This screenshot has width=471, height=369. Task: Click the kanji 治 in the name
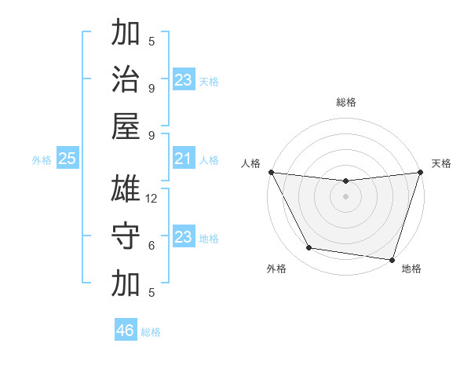point(126,79)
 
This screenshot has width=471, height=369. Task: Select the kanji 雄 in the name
point(126,189)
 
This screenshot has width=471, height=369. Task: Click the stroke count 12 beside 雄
point(152,199)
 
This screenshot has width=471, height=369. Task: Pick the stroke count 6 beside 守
point(152,246)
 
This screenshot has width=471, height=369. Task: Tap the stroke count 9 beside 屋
point(152,135)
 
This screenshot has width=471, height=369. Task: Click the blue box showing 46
point(126,331)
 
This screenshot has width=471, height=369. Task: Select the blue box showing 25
point(68,159)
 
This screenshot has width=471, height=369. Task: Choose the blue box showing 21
point(183,159)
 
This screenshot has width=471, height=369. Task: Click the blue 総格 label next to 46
point(151,332)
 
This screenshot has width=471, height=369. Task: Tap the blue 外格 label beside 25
point(42,160)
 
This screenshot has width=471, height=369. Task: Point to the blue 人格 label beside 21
point(209,160)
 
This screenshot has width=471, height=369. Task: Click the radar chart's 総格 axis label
point(345,102)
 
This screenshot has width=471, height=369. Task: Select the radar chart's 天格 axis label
point(441,163)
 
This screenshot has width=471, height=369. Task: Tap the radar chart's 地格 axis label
point(411,269)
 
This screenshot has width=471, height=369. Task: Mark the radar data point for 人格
point(271,172)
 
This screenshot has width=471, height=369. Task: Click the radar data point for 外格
point(309,248)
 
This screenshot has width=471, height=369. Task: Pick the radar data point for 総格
point(345,181)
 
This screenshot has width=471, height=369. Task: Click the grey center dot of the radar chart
point(345,196)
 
